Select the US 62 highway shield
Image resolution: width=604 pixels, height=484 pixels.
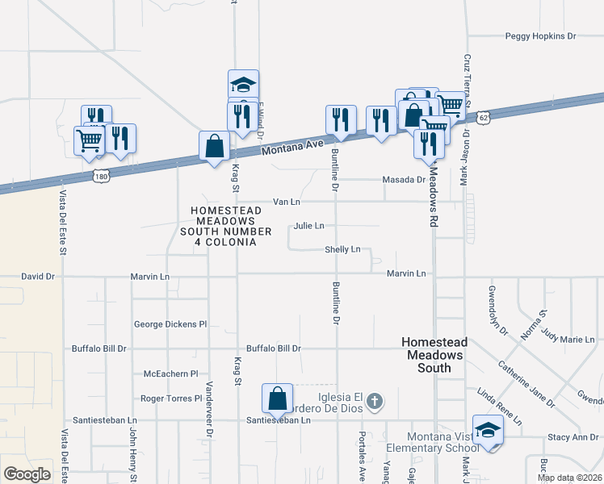click(x=483, y=117)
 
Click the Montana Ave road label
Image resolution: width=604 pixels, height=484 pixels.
click(x=292, y=149)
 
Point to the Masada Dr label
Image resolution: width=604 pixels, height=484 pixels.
click(x=404, y=180)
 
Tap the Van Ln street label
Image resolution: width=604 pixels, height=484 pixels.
click(x=287, y=202)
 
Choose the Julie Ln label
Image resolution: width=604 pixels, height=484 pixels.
click(x=309, y=226)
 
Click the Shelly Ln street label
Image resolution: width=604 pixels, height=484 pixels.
click(x=342, y=250)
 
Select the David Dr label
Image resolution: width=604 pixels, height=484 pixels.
click(x=38, y=276)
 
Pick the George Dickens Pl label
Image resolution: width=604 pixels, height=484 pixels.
click(x=170, y=324)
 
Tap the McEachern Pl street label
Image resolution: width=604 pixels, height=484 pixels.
click(x=170, y=374)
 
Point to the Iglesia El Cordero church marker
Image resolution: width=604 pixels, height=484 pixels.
click(x=374, y=400)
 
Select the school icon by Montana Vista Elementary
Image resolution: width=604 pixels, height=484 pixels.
click(x=488, y=431)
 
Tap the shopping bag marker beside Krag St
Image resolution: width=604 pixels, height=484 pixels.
click(x=214, y=147)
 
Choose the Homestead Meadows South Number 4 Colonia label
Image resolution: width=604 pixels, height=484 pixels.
click(x=223, y=226)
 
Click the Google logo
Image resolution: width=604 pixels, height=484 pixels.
click(x=27, y=474)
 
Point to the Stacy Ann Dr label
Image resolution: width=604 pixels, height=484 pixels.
click(x=573, y=437)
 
